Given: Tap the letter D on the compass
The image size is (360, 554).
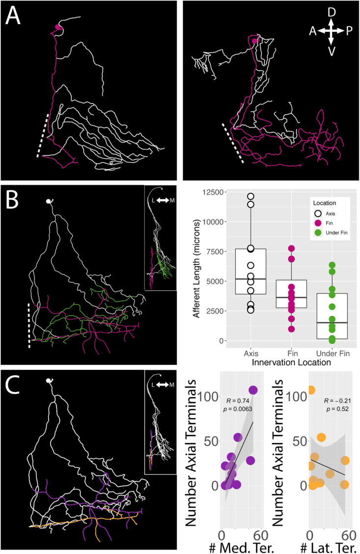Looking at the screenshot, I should click(x=332, y=11).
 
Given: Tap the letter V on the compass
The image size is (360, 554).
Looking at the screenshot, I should click(x=332, y=51).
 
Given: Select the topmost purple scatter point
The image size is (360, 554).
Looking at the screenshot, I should click(x=253, y=390).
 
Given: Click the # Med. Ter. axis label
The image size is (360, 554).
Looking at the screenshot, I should click(x=244, y=545).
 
